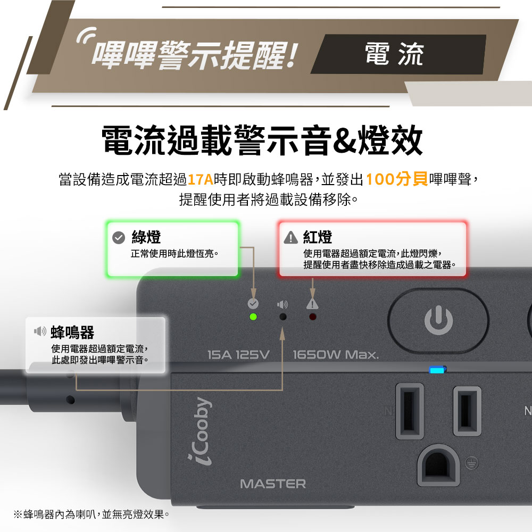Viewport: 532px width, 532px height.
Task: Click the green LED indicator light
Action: point(253,317)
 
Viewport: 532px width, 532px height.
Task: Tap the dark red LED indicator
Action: point(312,317)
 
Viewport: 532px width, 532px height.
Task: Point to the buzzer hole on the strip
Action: point(282,317)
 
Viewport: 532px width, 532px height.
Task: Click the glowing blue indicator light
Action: point(437,370)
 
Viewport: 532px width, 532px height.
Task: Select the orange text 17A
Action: point(200,179)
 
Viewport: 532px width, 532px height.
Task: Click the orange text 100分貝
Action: point(397,179)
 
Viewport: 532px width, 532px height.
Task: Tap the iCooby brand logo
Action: point(200,431)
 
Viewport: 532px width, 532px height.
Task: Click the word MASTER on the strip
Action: point(273,484)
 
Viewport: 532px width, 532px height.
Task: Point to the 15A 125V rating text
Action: point(238,355)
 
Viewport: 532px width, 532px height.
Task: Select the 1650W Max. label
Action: point(336,355)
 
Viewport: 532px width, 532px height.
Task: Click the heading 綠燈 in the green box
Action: point(146,237)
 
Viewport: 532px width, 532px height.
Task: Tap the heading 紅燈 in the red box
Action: point(318,237)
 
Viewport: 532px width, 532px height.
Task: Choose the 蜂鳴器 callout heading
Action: point(72,332)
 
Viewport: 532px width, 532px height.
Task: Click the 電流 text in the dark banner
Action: point(394,54)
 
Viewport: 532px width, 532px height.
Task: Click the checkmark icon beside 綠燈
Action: point(119,237)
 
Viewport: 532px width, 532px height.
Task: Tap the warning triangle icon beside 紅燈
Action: point(291,237)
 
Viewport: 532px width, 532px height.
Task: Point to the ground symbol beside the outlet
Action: point(471,463)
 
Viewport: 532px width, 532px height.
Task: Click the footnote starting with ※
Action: point(92,514)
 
